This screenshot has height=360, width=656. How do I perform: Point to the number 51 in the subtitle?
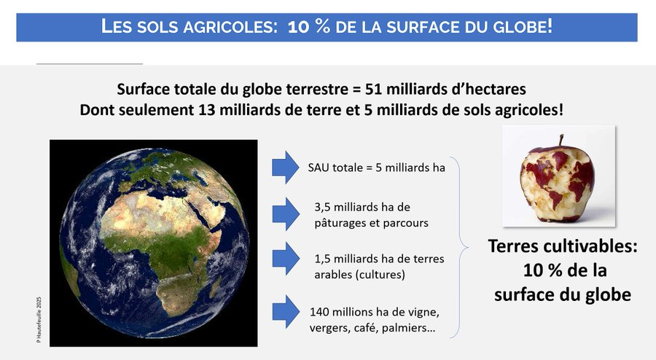(x=375, y=89)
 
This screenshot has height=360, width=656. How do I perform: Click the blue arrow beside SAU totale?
(x=286, y=168)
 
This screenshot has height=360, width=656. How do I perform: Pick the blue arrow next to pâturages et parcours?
(x=286, y=214)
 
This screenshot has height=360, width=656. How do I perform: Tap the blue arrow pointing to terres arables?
(x=286, y=259)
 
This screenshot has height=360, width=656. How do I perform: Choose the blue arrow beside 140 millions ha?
(x=286, y=311)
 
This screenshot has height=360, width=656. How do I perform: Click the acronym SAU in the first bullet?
(x=319, y=168)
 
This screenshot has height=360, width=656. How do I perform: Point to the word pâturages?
(x=338, y=223)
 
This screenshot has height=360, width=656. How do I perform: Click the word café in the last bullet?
(x=364, y=327)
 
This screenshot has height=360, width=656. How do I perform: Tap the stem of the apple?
(x=561, y=141)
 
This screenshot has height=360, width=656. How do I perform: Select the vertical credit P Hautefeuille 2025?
(x=39, y=320)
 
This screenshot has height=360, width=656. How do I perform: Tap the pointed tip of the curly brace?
(x=467, y=248)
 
